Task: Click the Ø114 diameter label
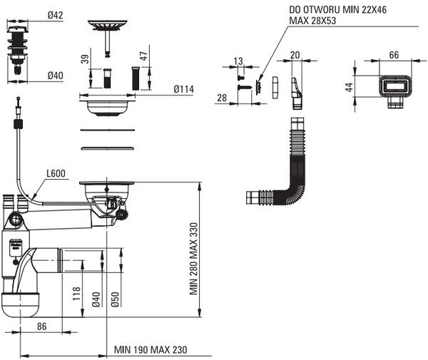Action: click(185, 89)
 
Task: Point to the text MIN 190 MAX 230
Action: click(152, 350)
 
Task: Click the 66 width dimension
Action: click(393, 56)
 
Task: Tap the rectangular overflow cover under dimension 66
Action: click(393, 89)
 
